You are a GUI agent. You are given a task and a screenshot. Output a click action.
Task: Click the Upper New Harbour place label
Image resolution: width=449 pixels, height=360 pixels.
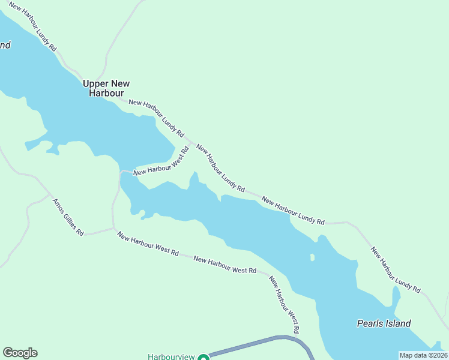(106, 88)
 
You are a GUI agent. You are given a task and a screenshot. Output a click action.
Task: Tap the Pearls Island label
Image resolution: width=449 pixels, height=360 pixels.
(384, 323)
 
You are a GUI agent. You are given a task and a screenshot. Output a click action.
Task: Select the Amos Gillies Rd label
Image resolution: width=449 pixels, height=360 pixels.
(68, 217)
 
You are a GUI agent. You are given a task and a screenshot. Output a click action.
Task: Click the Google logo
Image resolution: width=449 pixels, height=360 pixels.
(20, 353)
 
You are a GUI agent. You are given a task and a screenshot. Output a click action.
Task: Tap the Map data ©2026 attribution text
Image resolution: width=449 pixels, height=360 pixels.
(423, 355)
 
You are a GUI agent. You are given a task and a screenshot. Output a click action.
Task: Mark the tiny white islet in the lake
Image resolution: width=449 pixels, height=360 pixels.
(312, 257)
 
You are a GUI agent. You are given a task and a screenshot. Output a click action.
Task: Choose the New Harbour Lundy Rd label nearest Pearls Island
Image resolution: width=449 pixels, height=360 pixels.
(395, 269)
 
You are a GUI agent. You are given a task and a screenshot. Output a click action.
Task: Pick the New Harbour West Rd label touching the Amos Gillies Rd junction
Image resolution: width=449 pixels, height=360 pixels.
(148, 245)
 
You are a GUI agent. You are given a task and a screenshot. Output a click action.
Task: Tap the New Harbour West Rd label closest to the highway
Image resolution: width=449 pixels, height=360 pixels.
(284, 305)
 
